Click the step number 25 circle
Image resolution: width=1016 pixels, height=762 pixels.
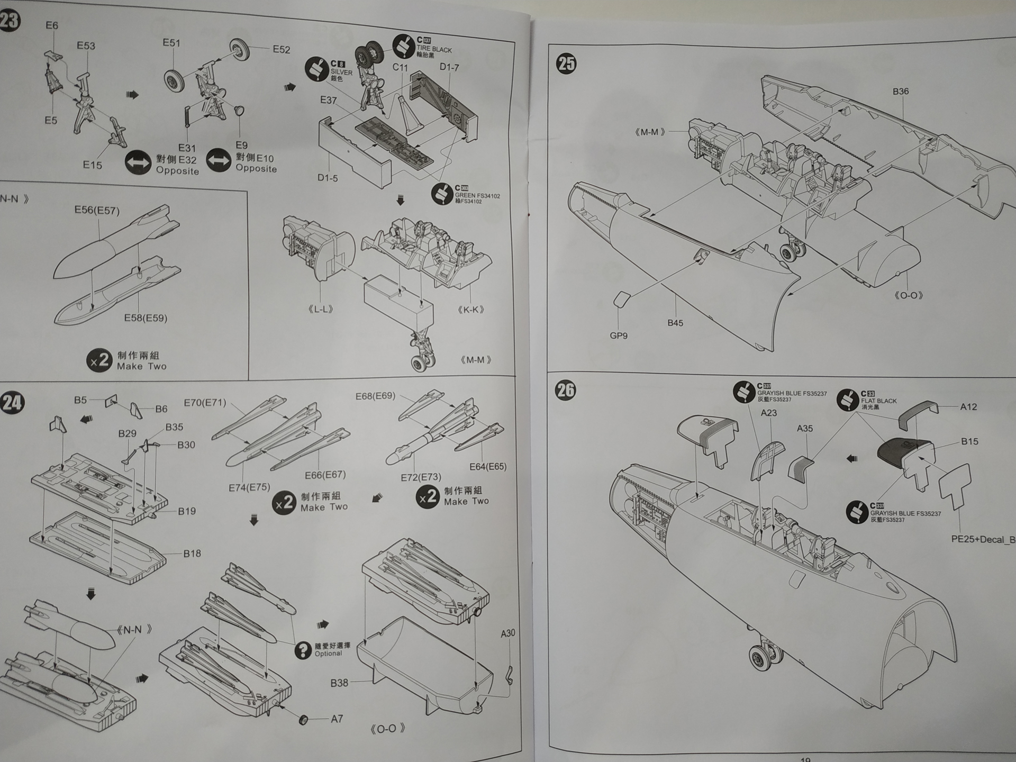click(566, 64)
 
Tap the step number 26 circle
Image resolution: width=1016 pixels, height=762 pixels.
click(565, 391)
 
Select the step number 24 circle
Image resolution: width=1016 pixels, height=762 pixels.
click(12, 403)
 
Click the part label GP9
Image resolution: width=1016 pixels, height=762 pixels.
click(618, 335)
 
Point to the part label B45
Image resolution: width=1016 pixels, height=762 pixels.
click(675, 323)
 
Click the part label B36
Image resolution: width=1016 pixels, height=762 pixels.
click(900, 91)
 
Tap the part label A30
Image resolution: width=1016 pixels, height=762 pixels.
click(507, 633)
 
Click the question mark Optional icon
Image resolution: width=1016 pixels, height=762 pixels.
click(303, 650)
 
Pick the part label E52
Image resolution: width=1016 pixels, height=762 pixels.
click(281, 50)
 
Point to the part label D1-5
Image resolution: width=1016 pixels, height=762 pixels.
click(328, 178)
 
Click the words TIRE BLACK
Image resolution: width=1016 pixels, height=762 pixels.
click(434, 49)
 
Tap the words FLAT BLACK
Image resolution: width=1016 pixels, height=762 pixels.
click(878, 401)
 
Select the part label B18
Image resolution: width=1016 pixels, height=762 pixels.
click(192, 554)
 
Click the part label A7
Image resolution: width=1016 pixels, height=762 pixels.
click(337, 719)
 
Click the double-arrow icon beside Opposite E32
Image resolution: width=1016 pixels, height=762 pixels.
click(138, 162)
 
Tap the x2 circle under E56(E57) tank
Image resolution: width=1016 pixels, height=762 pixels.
click(99, 361)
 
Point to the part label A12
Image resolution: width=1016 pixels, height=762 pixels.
click(968, 406)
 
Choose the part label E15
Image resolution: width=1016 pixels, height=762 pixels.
click(92, 165)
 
